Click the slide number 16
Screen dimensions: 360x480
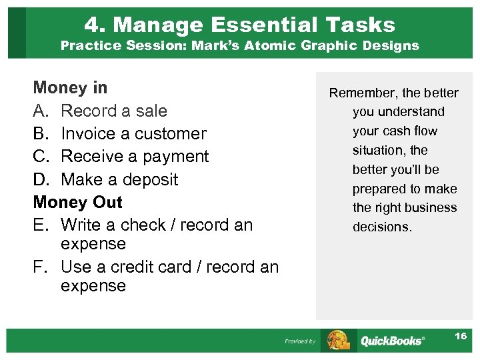[461, 336]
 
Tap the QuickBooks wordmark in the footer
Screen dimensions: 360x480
[392, 341]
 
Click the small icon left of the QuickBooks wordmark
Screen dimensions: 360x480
[337, 340]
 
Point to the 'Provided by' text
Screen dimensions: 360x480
[300, 341]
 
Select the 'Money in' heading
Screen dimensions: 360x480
[70, 88]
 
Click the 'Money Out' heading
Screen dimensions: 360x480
[78, 202]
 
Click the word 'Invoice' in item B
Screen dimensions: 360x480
[87, 133]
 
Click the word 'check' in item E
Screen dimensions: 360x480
[145, 225]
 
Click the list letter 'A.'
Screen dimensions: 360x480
[41, 111]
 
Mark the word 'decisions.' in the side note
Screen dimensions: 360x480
[383, 227]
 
